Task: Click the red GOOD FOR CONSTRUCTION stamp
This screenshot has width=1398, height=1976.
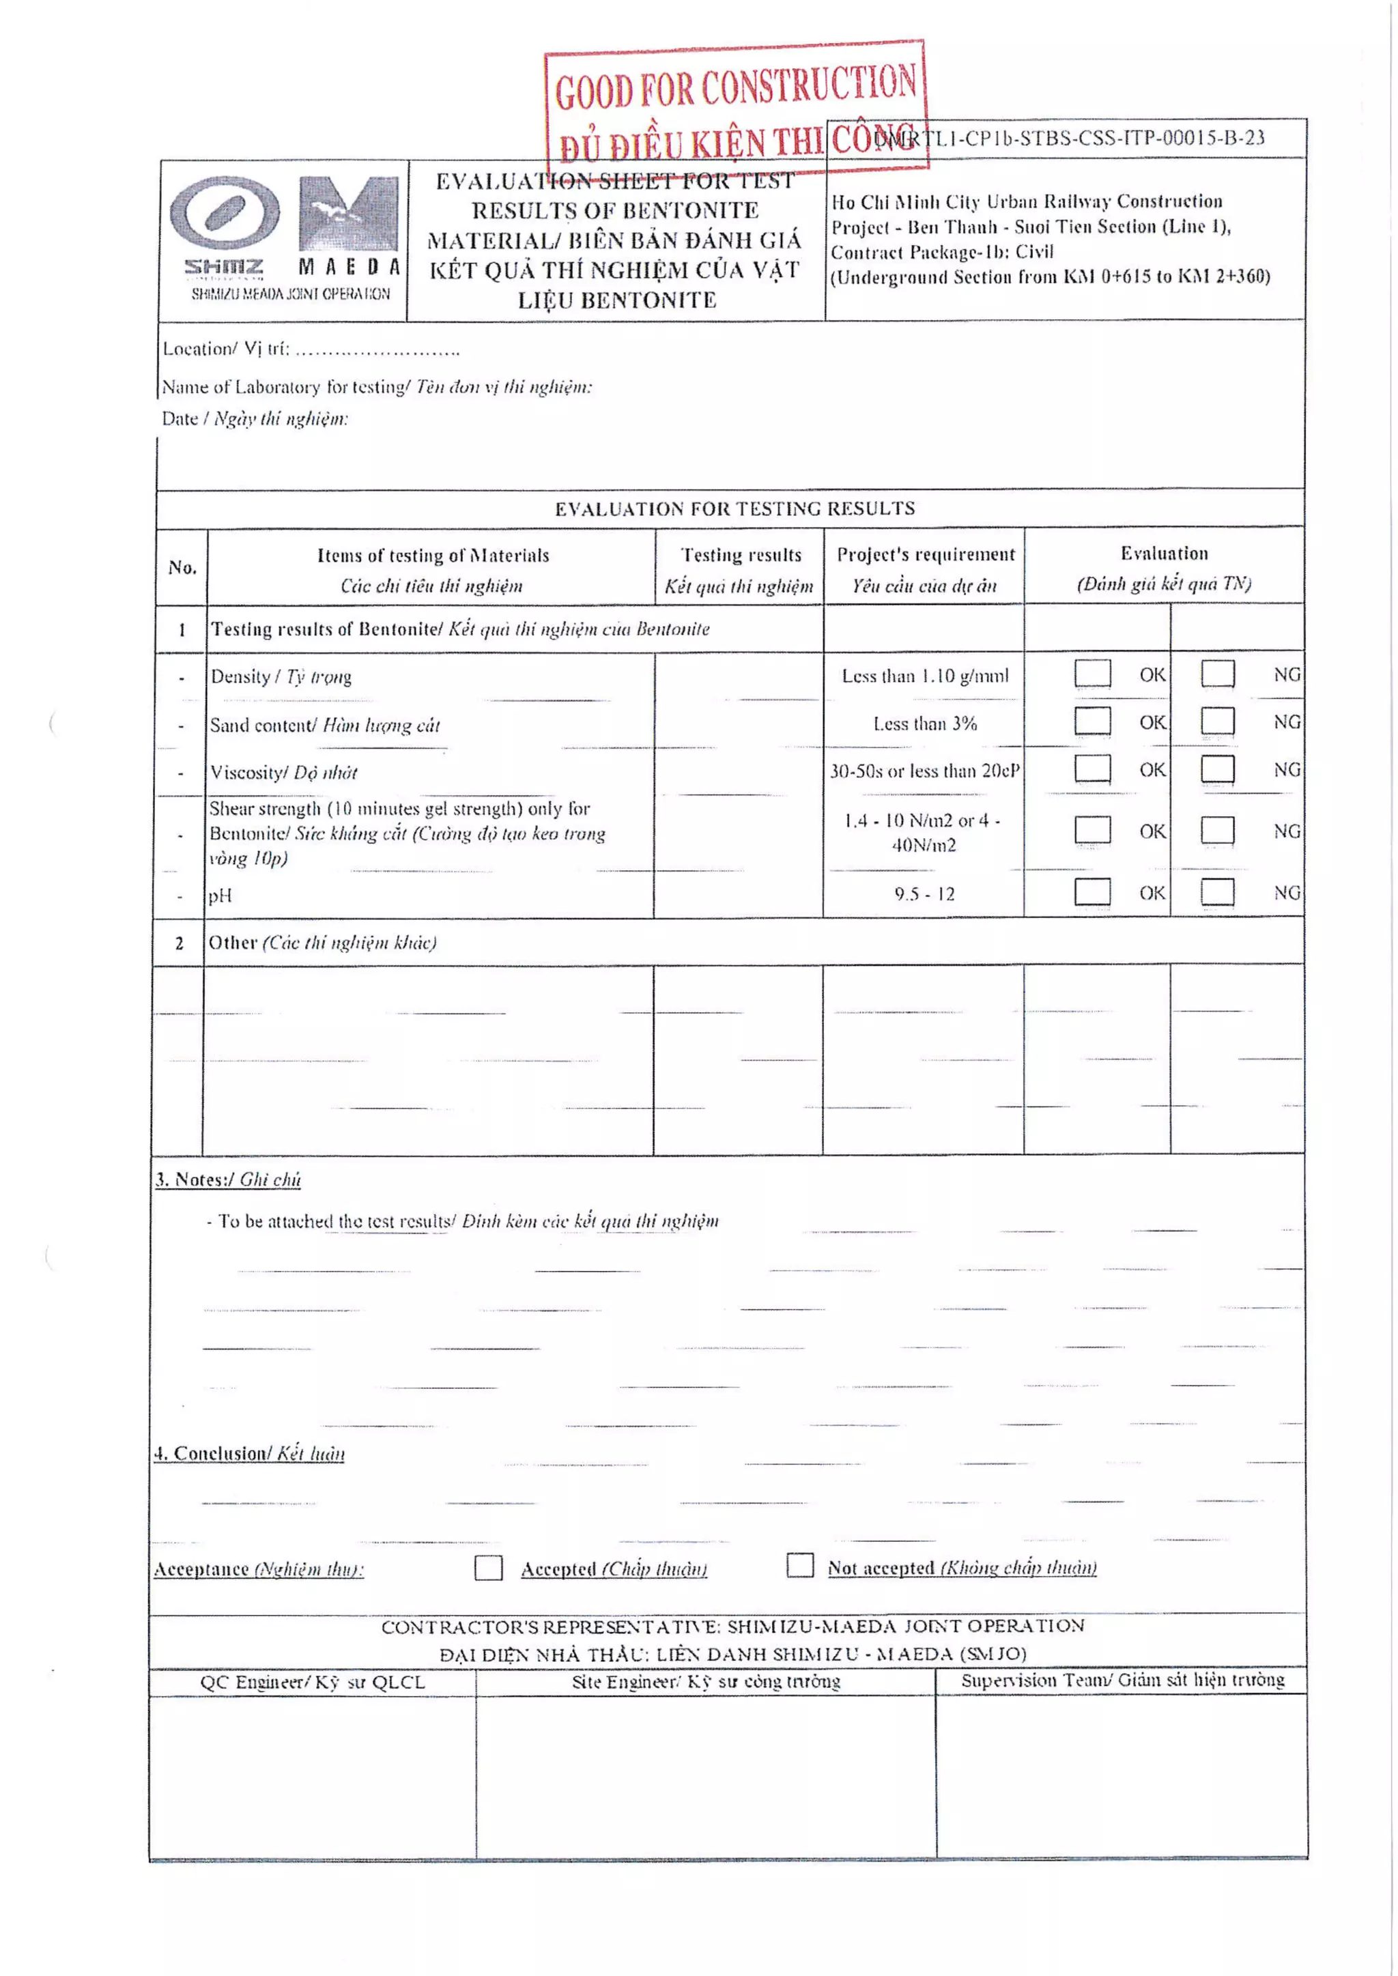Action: pyautogui.click(x=735, y=108)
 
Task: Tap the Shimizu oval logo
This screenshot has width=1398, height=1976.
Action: pyautogui.click(x=225, y=212)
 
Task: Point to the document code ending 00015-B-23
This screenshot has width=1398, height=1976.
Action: pyautogui.click(x=1068, y=138)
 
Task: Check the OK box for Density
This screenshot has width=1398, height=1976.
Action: pyautogui.click(x=1092, y=673)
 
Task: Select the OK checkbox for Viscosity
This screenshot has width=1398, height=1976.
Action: pyautogui.click(x=1092, y=769)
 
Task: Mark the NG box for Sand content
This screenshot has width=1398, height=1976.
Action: pyautogui.click(x=1217, y=721)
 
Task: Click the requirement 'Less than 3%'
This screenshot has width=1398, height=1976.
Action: pyautogui.click(x=924, y=724)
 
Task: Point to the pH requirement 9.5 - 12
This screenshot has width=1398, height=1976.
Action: pyautogui.click(x=924, y=894)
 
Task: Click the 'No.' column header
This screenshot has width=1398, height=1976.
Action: pyautogui.click(x=182, y=567)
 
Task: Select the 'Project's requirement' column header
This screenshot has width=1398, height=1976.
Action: pyautogui.click(x=926, y=555)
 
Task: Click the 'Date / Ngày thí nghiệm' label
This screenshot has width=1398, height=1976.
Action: pyautogui.click(x=255, y=419)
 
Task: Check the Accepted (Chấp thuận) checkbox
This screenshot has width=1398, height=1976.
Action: pyautogui.click(x=488, y=1567)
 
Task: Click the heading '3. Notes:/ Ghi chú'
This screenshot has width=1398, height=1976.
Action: pyautogui.click(x=228, y=1179)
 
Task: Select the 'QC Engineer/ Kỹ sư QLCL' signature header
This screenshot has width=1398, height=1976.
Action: pyautogui.click(x=313, y=1683)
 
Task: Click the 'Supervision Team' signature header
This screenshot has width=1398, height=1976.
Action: pyautogui.click(x=1122, y=1680)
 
